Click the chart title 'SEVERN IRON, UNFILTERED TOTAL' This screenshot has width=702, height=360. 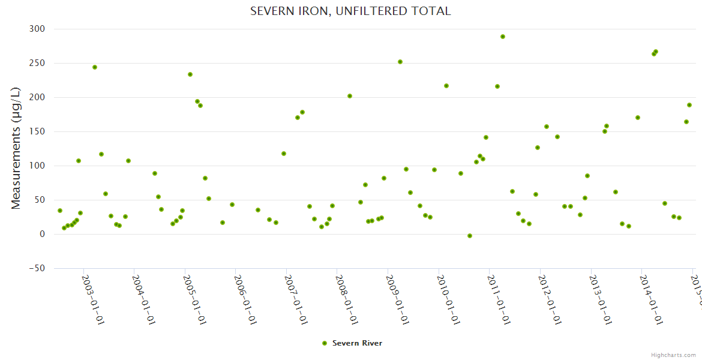coord(350,11)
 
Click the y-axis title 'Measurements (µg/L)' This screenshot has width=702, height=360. coord(16,148)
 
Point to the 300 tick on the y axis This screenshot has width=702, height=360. coord(37,29)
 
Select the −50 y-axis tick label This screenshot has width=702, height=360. coord(36,268)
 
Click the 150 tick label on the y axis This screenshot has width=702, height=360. coord(37,131)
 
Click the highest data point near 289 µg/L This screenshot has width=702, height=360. coord(503,37)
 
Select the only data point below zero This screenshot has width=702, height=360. coord(470,236)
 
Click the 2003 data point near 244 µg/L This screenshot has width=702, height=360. coord(95,67)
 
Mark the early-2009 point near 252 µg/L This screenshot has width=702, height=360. coord(400,62)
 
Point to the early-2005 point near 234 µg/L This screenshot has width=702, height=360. coord(190,74)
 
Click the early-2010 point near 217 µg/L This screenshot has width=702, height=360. coord(446,86)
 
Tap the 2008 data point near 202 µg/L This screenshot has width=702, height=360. coord(350,96)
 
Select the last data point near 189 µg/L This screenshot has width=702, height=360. coord(689,105)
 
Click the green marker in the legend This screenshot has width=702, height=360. coord(325,343)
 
